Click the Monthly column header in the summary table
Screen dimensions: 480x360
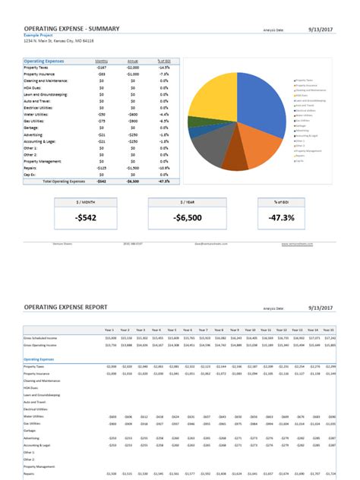click(101, 61)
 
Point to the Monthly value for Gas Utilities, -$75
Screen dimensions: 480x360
click(101, 120)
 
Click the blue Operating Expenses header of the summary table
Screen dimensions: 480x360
click(43, 61)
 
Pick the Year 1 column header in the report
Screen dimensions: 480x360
click(109, 330)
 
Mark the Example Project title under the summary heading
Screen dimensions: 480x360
click(38, 35)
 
